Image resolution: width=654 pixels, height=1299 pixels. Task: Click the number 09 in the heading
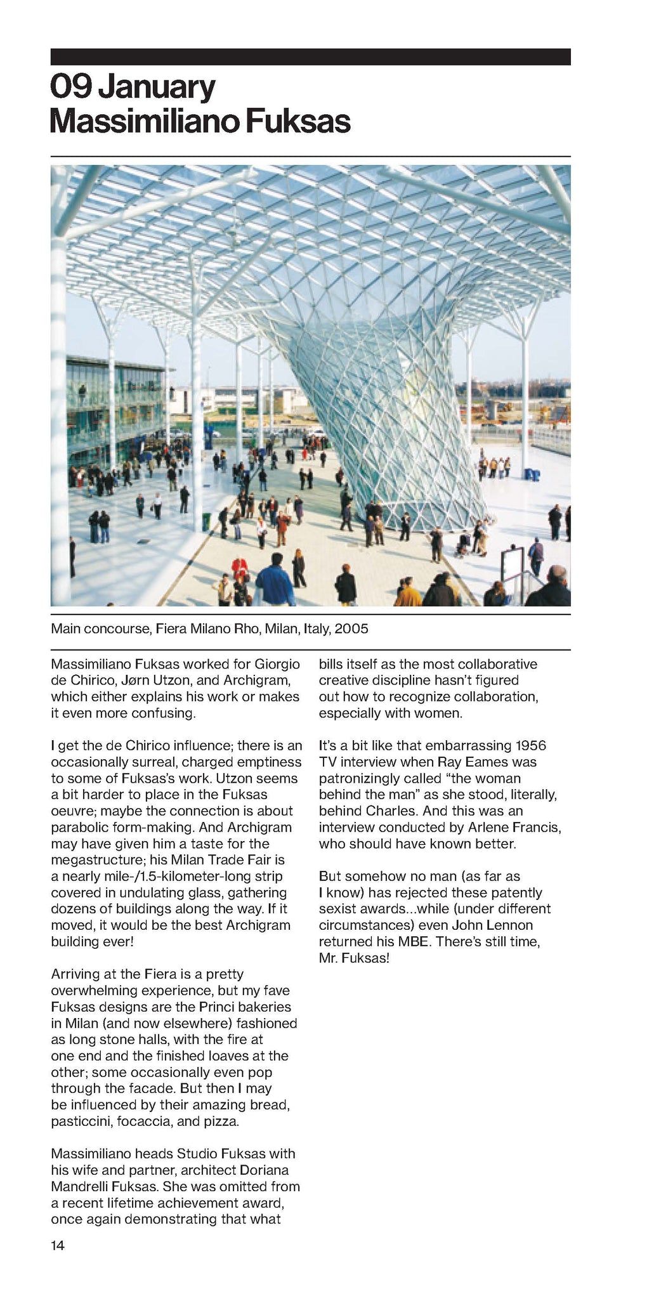[x=71, y=88]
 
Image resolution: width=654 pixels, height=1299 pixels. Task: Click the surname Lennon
[x=510, y=925]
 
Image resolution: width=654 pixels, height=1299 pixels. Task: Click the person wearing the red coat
[x=239, y=567]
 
